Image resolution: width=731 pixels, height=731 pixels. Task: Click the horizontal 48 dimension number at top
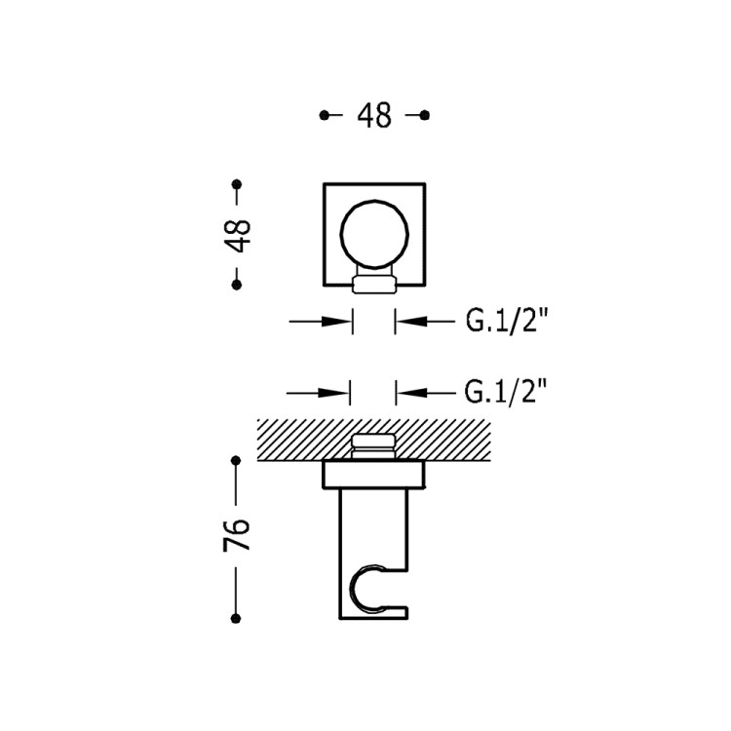click(x=374, y=116)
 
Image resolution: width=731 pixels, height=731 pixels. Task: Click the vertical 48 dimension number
click(x=237, y=235)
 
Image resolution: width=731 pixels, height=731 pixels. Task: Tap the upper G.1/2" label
click(x=505, y=321)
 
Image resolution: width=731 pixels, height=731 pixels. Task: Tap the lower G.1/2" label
click(x=505, y=393)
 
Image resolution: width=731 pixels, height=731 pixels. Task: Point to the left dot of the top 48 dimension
click(x=324, y=115)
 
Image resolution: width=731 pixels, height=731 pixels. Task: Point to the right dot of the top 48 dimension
click(x=424, y=115)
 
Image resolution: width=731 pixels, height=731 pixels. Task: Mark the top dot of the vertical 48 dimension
click(x=237, y=183)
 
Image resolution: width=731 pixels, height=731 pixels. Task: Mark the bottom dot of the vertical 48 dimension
click(x=237, y=285)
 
